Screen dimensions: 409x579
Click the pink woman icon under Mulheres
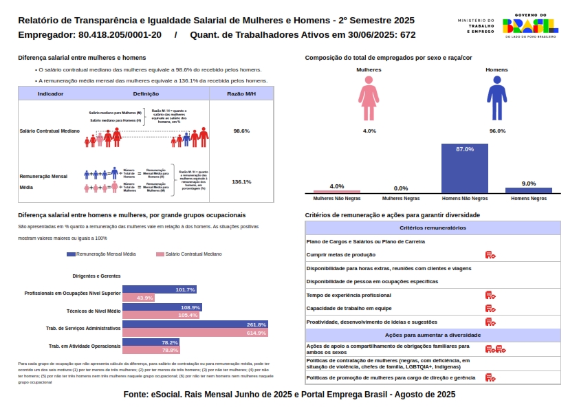(x=369, y=99)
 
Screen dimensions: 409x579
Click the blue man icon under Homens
(x=497, y=99)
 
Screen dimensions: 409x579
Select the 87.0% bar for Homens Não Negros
(x=465, y=168)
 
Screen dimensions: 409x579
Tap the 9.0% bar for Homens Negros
(x=528, y=190)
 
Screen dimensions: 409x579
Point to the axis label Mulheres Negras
(x=401, y=198)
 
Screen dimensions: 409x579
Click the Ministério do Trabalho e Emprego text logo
(x=476, y=26)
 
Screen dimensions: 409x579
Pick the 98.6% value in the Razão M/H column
(x=241, y=131)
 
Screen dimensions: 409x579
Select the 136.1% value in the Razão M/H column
(x=241, y=182)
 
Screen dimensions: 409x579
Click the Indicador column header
(x=50, y=93)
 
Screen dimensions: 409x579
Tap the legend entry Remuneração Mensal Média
(x=101, y=254)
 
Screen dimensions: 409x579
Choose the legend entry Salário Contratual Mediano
(x=189, y=254)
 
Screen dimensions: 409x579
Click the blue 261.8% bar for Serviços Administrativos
(x=195, y=324)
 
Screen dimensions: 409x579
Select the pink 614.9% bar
(x=195, y=333)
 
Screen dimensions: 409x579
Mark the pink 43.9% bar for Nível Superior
(x=138, y=298)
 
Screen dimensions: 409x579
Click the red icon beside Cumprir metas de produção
(x=490, y=254)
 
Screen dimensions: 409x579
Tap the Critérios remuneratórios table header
(x=433, y=228)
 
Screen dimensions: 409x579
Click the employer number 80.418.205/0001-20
(x=120, y=34)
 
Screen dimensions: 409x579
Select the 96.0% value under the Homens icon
(x=497, y=131)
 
